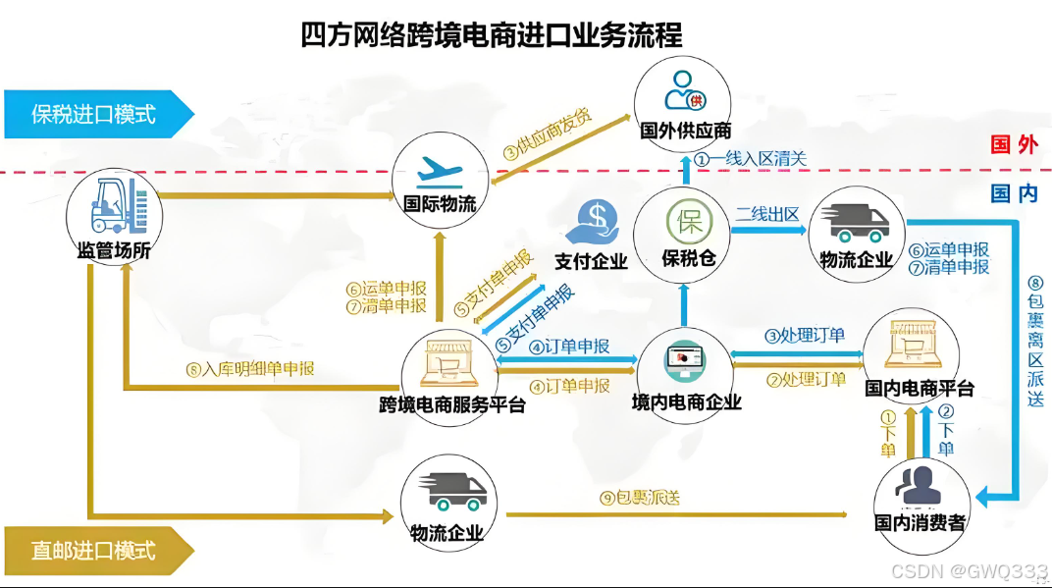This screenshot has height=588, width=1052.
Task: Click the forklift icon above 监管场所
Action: (x=115, y=202)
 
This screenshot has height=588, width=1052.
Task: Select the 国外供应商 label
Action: (x=685, y=131)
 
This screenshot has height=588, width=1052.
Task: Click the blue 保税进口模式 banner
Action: (x=93, y=114)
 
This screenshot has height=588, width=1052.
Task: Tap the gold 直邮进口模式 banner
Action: (x=93, y=550)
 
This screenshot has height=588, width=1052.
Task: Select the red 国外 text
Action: (x=1013, y=145)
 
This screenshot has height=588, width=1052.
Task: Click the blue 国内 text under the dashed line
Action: (x=1013, y=193)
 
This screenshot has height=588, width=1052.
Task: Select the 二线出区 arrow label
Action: (x=767, y=214)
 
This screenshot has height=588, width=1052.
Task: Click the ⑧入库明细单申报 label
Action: (x=250, y=370)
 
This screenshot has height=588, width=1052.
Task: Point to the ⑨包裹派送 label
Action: (x=640, y=498)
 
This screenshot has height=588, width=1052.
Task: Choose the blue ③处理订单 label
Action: (x=805, y=335)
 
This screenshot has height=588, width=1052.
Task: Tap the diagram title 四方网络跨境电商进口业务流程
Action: (x=491, y=36)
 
